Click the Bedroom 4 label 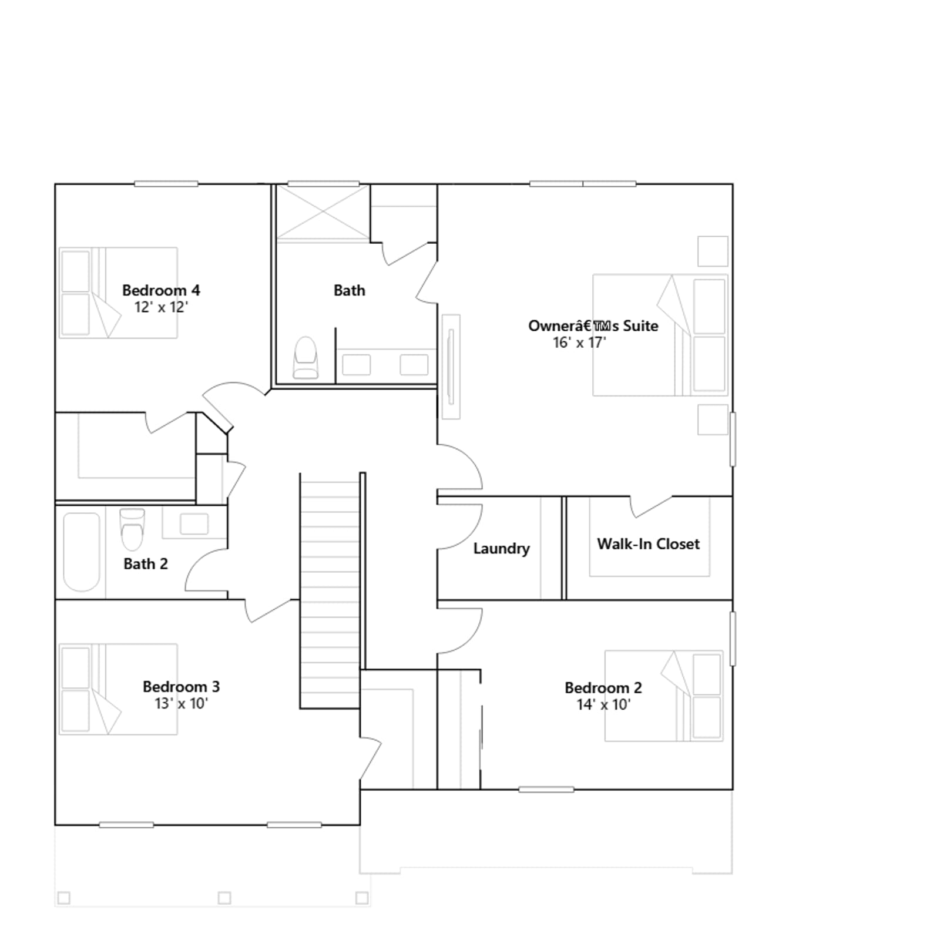point(161,290)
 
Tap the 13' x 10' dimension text point(182,703)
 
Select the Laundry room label point(501,549)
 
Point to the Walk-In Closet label point(648,544)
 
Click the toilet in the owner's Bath point(305,357)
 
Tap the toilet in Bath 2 point(132,529)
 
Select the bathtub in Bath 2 point(82,552)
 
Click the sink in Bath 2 point(194,524)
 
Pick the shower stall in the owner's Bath point(323,212)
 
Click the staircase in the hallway point(330,590)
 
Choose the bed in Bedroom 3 point(118,689)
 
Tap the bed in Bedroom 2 point(664,696)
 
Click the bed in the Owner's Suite point(660,335)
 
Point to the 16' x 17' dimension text point(579,343)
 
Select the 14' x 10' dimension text point(603,704)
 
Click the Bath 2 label point(146,564)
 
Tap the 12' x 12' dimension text point(161,307)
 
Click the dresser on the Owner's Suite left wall point(451,367)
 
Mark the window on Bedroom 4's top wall point(166,184)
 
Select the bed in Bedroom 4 point(118,293)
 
